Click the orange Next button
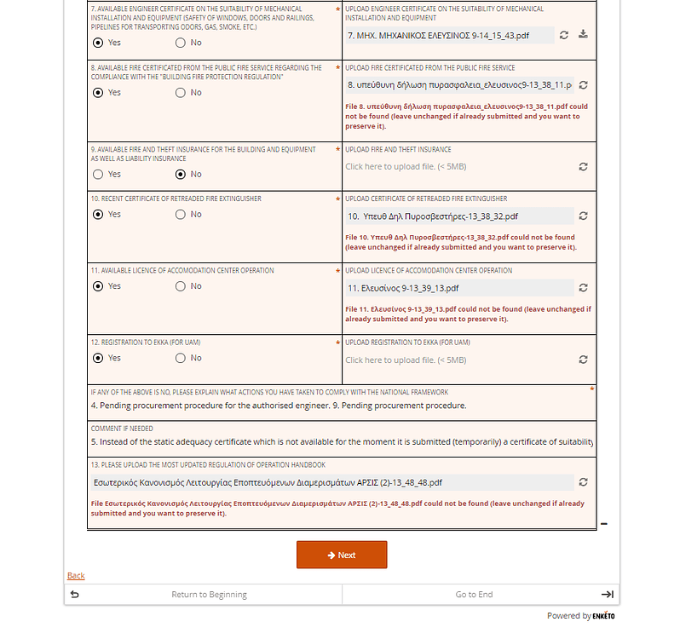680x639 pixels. [341, 555]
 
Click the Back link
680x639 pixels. [76, 576]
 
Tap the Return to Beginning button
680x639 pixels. [209, 595]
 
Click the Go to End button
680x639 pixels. [474, 595]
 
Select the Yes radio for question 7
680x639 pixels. [98, 43]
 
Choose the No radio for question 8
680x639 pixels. [181, 92]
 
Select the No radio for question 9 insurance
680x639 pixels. [181, 174]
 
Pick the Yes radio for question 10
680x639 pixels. [98, 215]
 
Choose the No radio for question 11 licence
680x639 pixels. [181, 286]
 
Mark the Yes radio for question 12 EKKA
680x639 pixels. [98, 358]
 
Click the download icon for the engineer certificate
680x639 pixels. [583, 35]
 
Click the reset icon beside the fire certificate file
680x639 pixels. [583, 85]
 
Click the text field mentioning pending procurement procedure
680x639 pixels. [341, 406]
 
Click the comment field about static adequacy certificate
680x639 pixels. [341, 442]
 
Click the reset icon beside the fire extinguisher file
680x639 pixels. [583, 216]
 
